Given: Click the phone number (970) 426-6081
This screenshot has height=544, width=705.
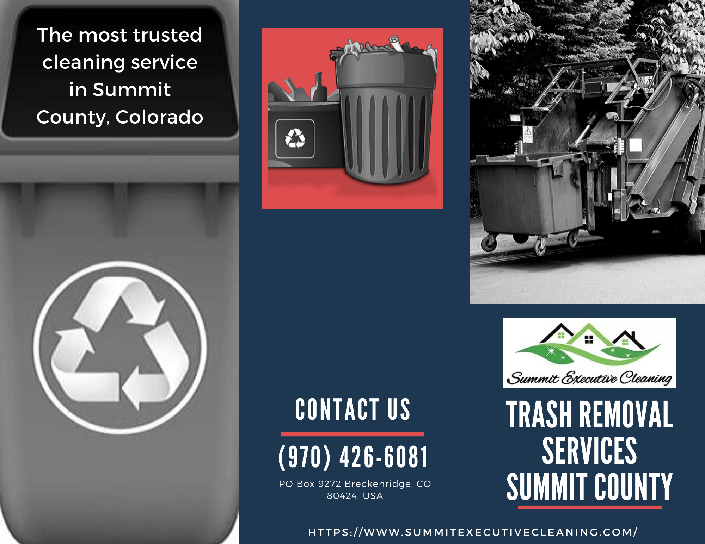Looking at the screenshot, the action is coord(353,457).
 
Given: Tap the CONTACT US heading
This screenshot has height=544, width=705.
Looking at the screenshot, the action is coord(353,409).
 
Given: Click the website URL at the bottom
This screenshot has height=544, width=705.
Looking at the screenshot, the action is coord(473,532).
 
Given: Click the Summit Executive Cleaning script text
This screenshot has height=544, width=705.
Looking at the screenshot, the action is coord(589,378).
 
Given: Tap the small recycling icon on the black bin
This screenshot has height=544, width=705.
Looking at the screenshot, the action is coord(295,138).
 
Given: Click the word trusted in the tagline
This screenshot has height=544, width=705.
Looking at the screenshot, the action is coord(167,35).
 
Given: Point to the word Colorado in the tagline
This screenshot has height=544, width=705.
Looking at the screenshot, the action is coord(159,117).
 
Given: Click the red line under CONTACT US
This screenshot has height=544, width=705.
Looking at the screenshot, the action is coord(352,434).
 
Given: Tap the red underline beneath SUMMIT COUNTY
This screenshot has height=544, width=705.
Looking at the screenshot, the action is coord(590,507).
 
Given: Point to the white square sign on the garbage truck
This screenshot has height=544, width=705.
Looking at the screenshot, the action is coord(636,145).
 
